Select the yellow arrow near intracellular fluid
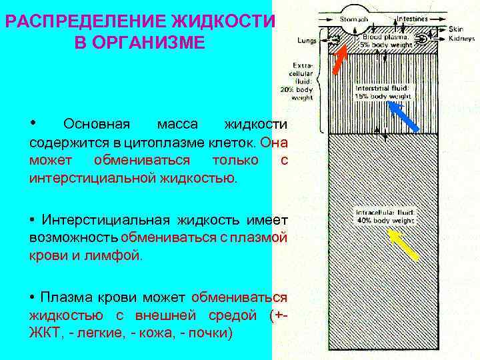pyautogui.click(x=403, y=244)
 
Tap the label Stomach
pyautogui.click(x=354, y=19)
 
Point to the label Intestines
pyautogui.click(x=412, y=19)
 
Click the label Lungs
pyautogui.click(x=307, y=40)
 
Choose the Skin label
pyautogui.click(x=456, y=29)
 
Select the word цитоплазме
pyautogui.click(x=161, y=142)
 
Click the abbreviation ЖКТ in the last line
pyautogui.click(x=45, y=332)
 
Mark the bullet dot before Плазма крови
pyautogui.click(x=33, y=296)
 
